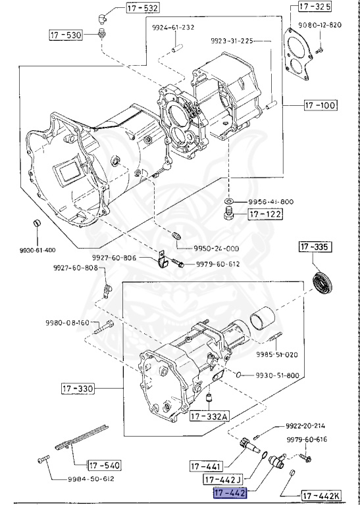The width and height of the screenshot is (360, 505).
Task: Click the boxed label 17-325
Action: (315, 7)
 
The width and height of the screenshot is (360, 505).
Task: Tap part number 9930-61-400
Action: (38, 251)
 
